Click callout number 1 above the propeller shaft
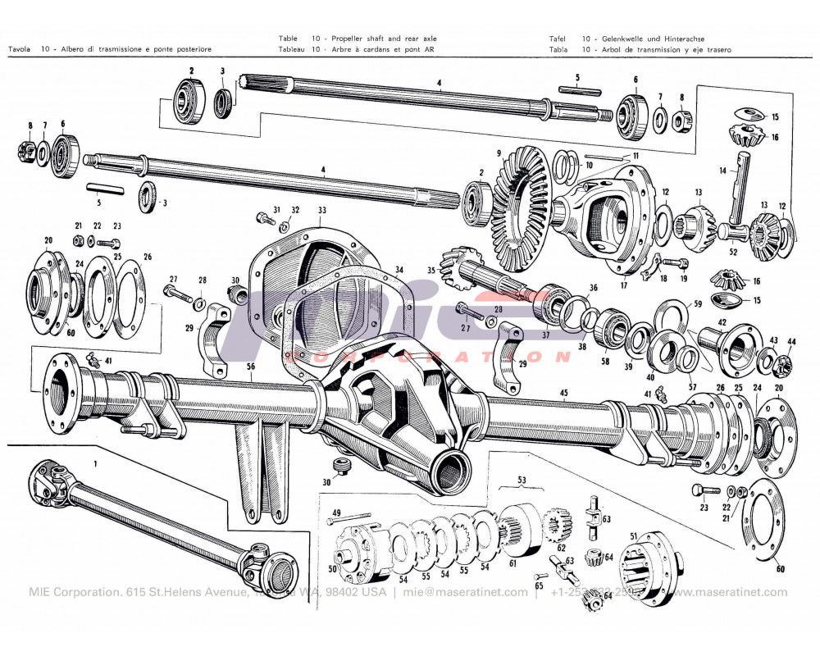tap(96, 463)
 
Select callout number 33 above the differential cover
tap(322, 210)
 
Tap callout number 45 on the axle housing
tap(564, 393)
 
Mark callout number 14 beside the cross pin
tap(723, 171)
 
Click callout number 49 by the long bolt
tap(335, 512)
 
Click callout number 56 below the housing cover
tap(250, 367)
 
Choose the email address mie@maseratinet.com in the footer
tap(475, 592)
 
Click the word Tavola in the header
tap(19, 49)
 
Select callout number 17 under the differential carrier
tap(623, 285)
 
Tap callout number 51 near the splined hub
tap(633, 536)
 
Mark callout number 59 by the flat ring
tap(698, 303)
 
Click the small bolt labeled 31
tap(264, 219)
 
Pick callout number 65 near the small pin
tap(539, 587)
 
